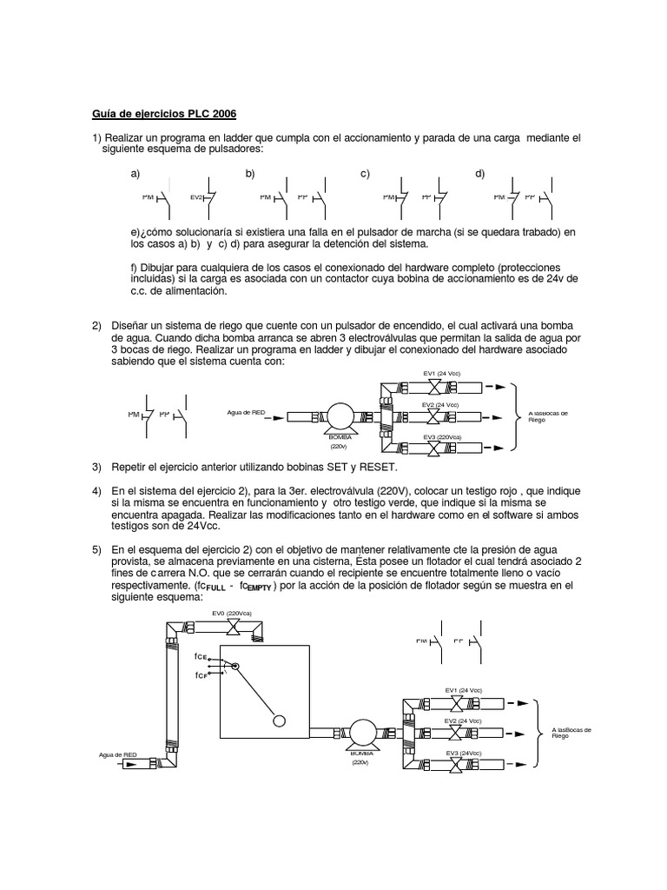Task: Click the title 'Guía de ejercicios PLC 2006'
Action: [x=164, y=114]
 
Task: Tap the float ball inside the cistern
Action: [x=279, y=721]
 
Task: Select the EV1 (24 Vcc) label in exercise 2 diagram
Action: [x=441, y=373]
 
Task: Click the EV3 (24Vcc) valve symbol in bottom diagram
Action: [x=456, y=764]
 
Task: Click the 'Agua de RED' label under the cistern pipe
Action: [x=118, y=755]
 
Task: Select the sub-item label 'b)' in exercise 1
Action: [x=250, y=174]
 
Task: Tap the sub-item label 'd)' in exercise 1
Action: [x=479, y=174]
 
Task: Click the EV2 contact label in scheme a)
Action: [x=195, y=197]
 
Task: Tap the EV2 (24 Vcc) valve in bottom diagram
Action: [x=456, y=733]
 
